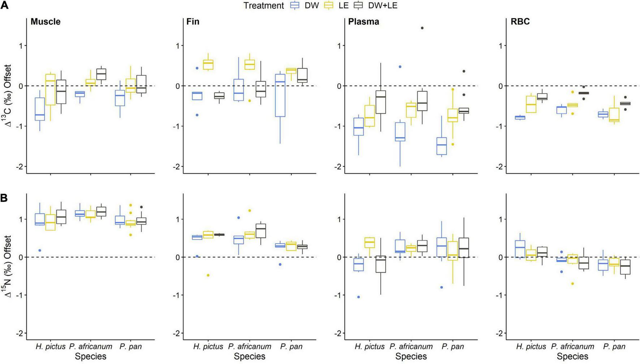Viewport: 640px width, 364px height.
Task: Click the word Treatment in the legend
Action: click(263, 6)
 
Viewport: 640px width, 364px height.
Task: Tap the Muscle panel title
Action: click(46, 22)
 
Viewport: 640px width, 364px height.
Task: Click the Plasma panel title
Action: click(363, 22)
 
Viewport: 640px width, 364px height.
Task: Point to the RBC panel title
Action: click(520, 22)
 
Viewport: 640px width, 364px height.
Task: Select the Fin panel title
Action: click(193, 22)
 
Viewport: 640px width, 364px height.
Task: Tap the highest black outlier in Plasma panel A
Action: click(422, 28)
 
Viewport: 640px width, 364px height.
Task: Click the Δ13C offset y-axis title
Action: click(8, 95)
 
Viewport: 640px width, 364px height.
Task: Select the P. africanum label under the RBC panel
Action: click(572, 346)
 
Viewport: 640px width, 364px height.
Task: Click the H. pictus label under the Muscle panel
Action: click(51, 346)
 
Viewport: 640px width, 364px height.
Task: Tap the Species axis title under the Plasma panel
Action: click(411, 356)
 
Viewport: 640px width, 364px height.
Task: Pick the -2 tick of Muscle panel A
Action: click(20, 166)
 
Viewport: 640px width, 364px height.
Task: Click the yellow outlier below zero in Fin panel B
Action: click(208, 275)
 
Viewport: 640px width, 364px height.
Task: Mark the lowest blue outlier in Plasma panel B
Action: click(359, 297)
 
